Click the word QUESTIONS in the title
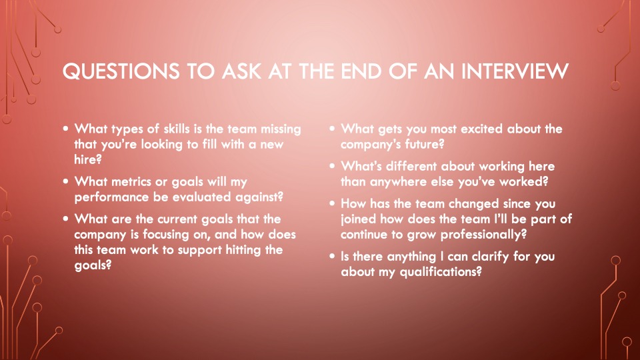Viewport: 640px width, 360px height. (121, 71)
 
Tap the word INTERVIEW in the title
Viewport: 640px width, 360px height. (515, 71)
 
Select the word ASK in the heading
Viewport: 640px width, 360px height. (241, 71)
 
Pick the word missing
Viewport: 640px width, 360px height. (281, 130)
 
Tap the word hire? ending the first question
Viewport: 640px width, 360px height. (88, 159)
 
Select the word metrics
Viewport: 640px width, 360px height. (131, 181)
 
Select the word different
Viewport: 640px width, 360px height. (412, 166)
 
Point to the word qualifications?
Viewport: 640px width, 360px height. (441, 272)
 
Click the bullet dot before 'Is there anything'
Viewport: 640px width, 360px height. (332, 256)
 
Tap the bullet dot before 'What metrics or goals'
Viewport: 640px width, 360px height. (66, 181)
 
